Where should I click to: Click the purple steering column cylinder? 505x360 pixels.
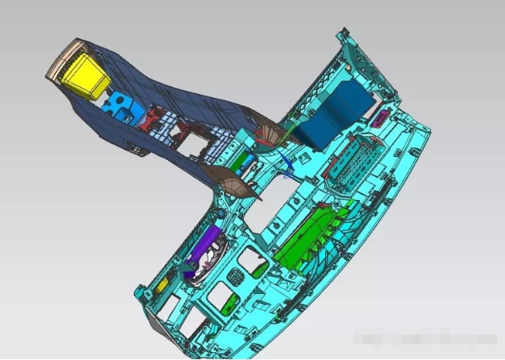(x=206, y=248)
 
